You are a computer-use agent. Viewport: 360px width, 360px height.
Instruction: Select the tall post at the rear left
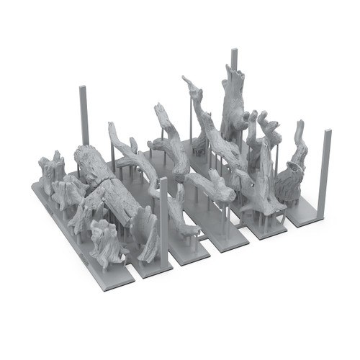(84, 115)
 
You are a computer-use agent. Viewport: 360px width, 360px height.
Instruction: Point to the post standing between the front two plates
(164, 216)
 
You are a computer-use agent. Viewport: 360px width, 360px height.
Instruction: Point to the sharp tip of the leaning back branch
(186, 78)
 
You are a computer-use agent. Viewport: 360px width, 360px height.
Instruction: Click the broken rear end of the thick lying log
(79, 155)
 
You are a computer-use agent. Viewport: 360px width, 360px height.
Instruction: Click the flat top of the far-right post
(328, 132)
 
